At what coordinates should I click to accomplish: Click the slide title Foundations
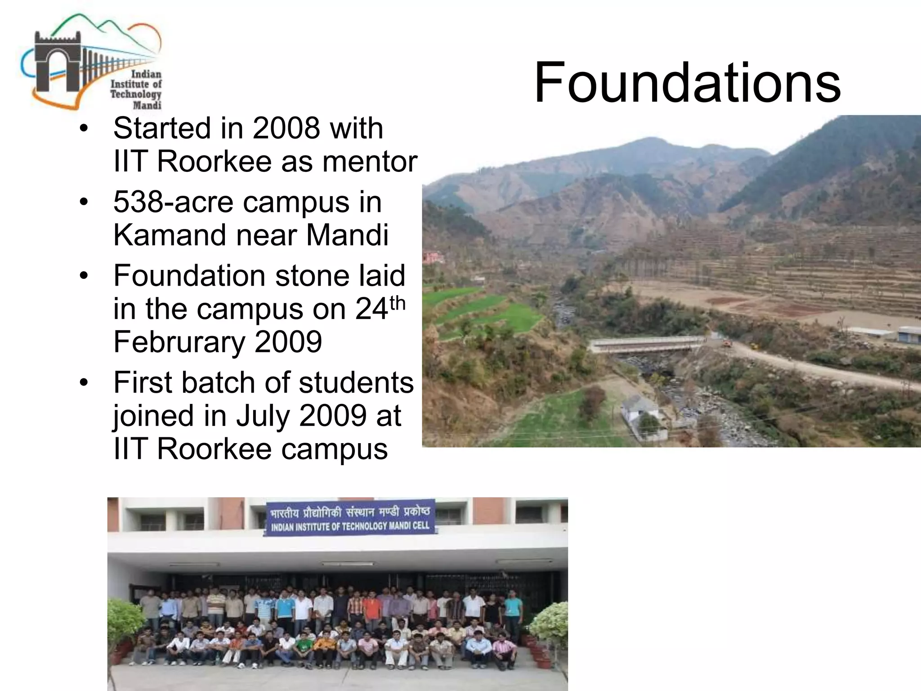[x=687, y=83]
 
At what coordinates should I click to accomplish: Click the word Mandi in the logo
[x=147, y=105]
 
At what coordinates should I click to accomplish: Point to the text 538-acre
[x=173, y=202]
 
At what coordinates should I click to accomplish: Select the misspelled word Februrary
[x=179, y=342]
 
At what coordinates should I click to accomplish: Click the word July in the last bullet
[x=264, y=416]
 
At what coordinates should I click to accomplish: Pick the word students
[x=356, y=383]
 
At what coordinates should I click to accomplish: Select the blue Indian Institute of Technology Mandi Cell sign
[x=349, y=518]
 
